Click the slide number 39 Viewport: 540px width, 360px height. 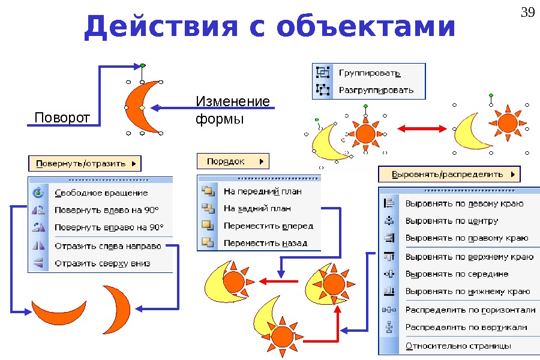[x=527, y=12]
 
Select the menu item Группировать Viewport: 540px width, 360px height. [x=370, y=73]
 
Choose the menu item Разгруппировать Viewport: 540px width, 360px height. [x=376, y=91]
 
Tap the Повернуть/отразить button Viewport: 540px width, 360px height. [x=85, y=163]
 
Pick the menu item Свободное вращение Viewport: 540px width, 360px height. [x=101, y=193]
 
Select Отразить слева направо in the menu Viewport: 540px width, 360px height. [x=108, y=245]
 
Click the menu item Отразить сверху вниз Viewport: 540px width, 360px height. [x=102, y=263]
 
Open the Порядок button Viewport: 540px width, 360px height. [x=233, y=161]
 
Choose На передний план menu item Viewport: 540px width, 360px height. [x=262, y=191]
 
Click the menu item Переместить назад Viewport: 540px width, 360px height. [x=265, y=243]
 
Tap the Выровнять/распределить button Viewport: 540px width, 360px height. [x=449, y=175]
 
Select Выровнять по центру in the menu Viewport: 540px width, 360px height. [x=452, y=220]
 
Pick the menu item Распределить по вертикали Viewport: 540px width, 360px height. [x=466, y=327]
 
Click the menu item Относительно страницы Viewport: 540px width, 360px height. [x=458, y=346]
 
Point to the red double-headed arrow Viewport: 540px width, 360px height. [x=422, y=128]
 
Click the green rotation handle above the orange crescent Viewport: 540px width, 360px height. [x=142, y=65]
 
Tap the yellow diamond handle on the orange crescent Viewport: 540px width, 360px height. [x=142, y=107]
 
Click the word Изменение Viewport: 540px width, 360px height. [x=233, y=101]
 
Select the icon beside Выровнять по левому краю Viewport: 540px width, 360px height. [x=388, y=203]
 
